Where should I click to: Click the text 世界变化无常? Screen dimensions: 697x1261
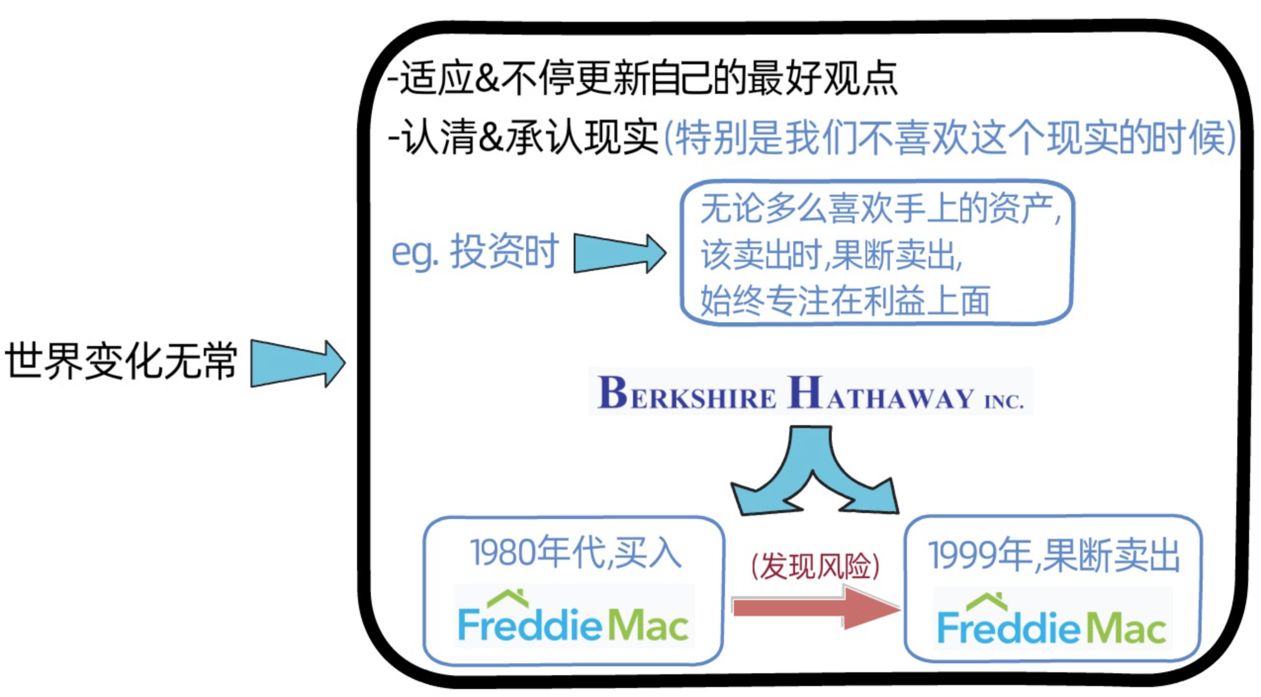pos(121,361)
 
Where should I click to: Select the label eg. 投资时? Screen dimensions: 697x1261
pos(475,252)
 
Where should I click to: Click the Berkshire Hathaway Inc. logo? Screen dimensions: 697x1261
pos(811,393)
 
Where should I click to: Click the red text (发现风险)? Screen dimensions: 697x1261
pos(815,565)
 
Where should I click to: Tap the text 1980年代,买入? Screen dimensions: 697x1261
pos(575,553)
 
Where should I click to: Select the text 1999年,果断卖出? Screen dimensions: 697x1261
pos(1054,555)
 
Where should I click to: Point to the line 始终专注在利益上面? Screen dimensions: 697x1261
pos(845,301)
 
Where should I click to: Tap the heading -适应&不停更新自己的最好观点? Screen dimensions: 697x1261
pos(643,78)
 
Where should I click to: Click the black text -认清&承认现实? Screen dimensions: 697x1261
pos(523,137)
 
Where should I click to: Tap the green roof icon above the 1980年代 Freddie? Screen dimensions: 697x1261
pos(508,596)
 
